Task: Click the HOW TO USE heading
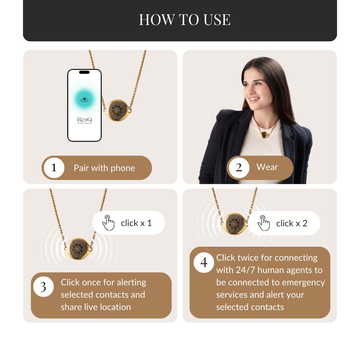[185, 20]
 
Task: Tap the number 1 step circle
[54, 168]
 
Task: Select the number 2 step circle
[239, 168]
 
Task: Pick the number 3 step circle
[43, 287]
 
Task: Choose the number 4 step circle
[204, 262]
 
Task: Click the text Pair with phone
[104, 168]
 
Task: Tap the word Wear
[267, 167]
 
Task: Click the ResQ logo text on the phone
[84, 119]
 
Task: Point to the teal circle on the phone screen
[84, 99]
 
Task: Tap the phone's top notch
[84, 72]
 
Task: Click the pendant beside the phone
[117, 110]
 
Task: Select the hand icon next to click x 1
[108, 222]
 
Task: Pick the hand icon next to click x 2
[264, 223]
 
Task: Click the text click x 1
[136, 223]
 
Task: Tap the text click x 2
[292, 223]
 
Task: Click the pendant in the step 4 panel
[234, 223]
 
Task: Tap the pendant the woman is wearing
[264, 135]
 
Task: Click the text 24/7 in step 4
[245, 270]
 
